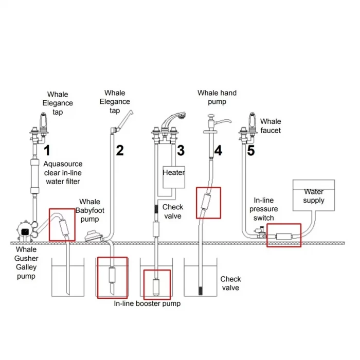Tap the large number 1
47,151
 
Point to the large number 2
120,150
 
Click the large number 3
181,151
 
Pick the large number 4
218,151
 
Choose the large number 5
250,150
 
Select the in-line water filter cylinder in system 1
35,174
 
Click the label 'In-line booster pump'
147,303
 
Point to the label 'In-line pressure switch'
264,209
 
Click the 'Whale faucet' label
271,126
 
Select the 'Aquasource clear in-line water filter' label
62,173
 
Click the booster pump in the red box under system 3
157,284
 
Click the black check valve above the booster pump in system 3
156,209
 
